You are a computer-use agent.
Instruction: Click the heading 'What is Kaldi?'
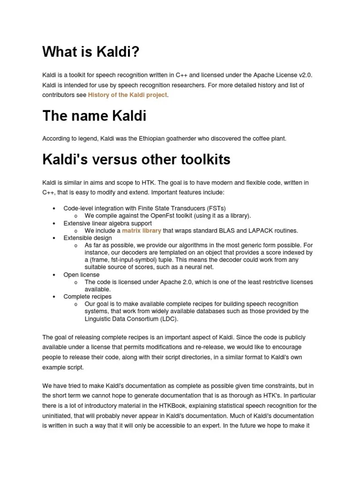click(x=91, y=52)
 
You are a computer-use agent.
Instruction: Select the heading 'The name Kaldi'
click(x=94, y=115)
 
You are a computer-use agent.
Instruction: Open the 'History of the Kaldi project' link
click(x=127, y=95)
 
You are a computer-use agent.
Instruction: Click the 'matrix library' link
click(x=142, y=231)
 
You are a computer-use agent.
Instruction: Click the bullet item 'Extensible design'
click(x=88, y=238)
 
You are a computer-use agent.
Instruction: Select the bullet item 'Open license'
click(x=81, y=275)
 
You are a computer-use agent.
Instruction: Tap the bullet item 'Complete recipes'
click(x=87, y=296)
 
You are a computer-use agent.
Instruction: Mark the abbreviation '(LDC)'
click(x=168, y=319)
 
